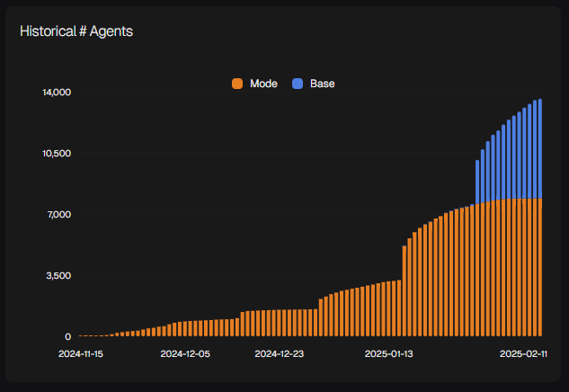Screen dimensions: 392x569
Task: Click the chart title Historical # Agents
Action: pyautogui.click(x=76, y=31)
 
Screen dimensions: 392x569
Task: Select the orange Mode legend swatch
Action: pyautogui.click(x=237, y=84)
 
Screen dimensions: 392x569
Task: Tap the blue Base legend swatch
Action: pyautogui.click(x=298, y=84)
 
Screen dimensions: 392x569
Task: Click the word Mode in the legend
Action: pyautogui.click(x=263, y=84)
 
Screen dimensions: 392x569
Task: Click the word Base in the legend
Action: pyautogui.click(x=322, y=84)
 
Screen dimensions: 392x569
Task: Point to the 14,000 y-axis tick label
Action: pyautogui.click(x=56, y=92)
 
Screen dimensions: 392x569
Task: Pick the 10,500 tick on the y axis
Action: pyautogui.click(x=56, y=153)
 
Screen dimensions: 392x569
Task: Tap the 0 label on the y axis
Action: pyautogui.click(x=67, y=336)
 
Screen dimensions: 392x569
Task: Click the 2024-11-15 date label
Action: pyautogui.click(x=81, y=354)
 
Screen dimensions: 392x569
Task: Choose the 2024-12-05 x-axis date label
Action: pyautogui.click(x=185, y=354)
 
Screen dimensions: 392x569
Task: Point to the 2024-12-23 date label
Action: pyautogui.click(x=280, y=354)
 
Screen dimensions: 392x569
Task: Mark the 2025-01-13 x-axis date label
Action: pyautogui.click(x=388, y=354)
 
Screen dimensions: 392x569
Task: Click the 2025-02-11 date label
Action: pyautogui.click(x=524, y=354)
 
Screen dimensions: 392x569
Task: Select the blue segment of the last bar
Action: pyautogui.click(x=539, y=148)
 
